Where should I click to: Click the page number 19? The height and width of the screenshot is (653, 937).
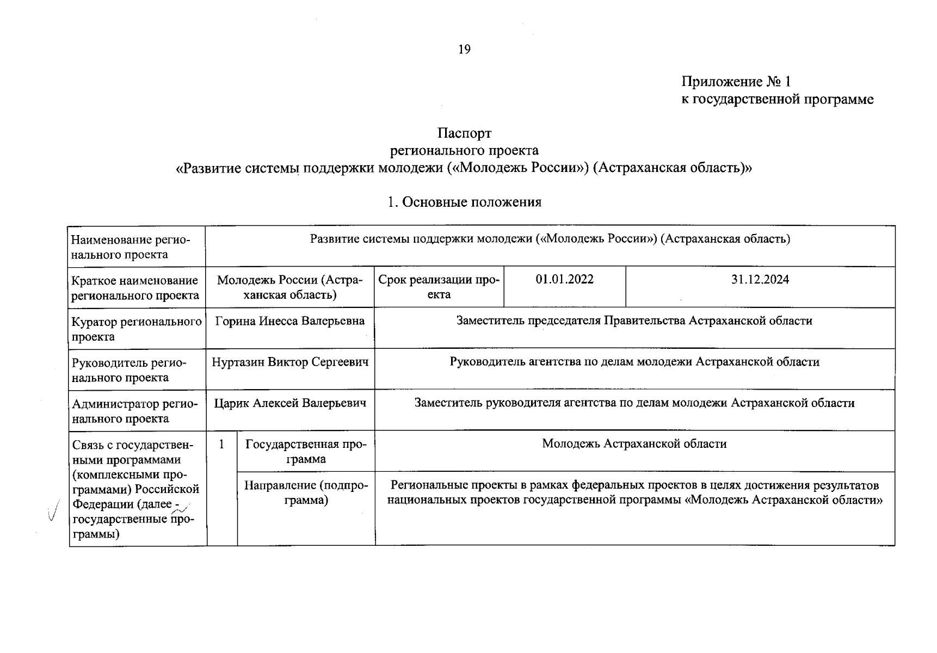[464, 50]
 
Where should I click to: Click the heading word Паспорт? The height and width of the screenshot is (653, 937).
[464, 133]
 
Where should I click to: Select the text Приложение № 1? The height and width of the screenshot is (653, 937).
[736, 82]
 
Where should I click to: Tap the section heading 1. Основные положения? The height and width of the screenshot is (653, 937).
[464, 202]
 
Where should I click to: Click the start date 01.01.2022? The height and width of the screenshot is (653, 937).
[564, 280]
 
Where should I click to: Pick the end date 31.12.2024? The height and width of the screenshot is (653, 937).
[760, 280]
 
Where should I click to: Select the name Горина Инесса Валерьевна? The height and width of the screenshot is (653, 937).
[289, 321]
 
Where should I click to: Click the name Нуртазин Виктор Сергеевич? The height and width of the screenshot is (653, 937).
[289, 362]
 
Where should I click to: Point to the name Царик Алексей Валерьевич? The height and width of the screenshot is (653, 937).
[289, 403]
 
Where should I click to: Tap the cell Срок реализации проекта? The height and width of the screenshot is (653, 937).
[439, 287]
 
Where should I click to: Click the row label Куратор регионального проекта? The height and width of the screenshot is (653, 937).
[136, 329]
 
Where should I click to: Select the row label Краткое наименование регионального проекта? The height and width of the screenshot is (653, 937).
[135, 288]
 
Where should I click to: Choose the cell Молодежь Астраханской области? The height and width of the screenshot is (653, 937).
[634, 444]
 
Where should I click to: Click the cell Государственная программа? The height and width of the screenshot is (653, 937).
[306, 451]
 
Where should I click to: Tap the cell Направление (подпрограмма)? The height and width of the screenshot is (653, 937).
[306, 492]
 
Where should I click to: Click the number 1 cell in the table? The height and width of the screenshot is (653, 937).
[221, 445]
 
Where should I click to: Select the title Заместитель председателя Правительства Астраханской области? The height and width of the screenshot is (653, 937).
[634, 321]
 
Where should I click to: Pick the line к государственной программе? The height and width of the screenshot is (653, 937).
[777, 100]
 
